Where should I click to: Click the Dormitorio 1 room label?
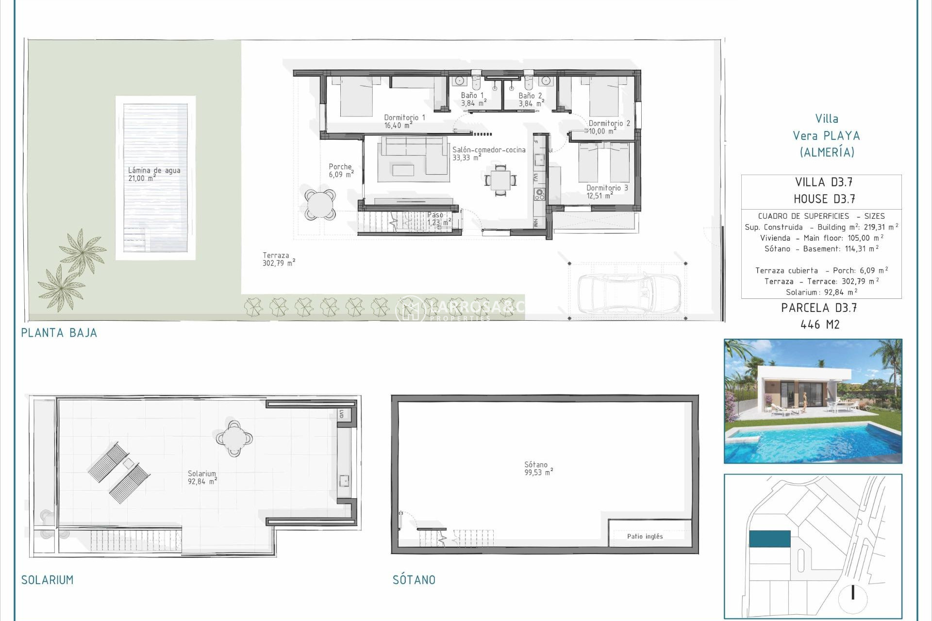404,121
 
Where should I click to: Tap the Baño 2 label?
531,99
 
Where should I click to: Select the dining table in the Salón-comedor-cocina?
500,180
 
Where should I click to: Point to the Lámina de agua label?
153,174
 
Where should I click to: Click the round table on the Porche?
320,204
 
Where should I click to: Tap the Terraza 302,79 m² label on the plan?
278,259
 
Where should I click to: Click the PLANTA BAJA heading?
59,333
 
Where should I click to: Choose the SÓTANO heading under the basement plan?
414,580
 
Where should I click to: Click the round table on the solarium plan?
234,438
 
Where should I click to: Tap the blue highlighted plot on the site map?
769,539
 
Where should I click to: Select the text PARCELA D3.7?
819,308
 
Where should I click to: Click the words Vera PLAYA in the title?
826,136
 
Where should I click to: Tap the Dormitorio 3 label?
606,192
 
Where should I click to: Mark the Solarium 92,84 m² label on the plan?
202,477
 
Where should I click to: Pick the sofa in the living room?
413,155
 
